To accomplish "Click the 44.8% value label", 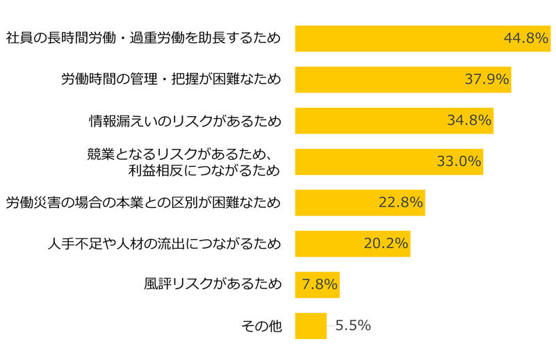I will [x=526, y=38].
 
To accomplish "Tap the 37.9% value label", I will [x=487, y=79].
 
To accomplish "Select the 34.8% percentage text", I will [x=469, y=120].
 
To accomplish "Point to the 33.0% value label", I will [x=459, y=161].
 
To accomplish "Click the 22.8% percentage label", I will [x=400, y=202].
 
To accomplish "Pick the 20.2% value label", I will [x=386, y=243].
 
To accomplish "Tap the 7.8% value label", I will [x=320, y=284].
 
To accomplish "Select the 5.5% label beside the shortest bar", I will [x=352, y=325].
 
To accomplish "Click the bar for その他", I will [x=311, y=325].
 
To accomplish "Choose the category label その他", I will [x=261, y=325].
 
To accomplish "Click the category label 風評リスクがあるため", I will [x=213, y=284].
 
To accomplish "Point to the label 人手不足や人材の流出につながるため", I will [x=165, y=243].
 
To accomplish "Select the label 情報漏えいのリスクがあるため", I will [x=185, y=120].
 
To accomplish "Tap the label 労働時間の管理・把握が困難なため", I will [x=172, y=79].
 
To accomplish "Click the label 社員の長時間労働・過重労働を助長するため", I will [x=144, y=38].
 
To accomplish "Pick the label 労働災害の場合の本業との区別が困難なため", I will [x=144, y=202].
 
